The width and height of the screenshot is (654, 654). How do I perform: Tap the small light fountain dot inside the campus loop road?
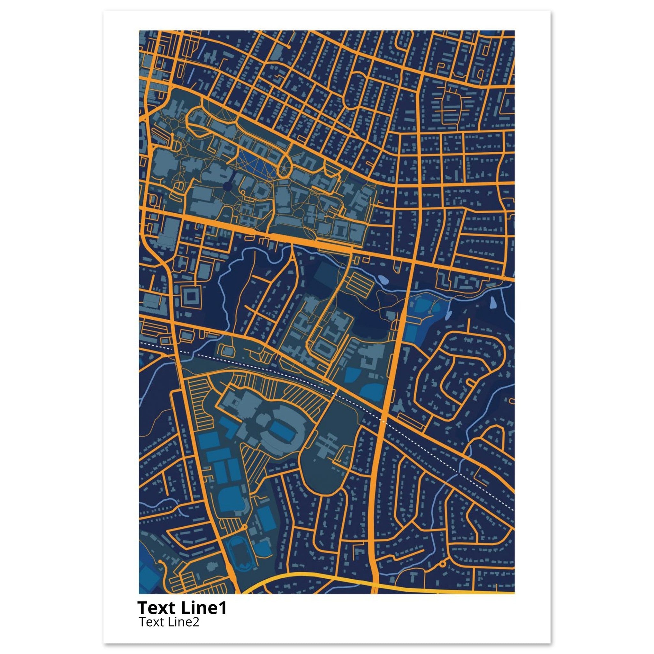point(284,168)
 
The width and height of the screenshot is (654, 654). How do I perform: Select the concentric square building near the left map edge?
point(192,297)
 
